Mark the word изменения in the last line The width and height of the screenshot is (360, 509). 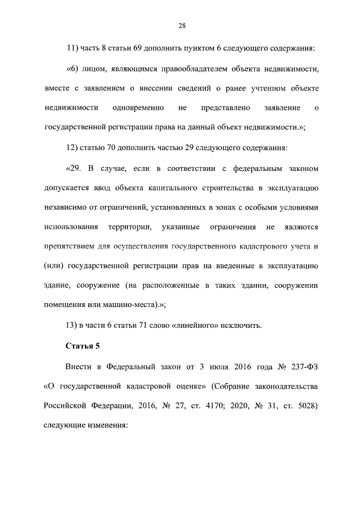tap(106, 425)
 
